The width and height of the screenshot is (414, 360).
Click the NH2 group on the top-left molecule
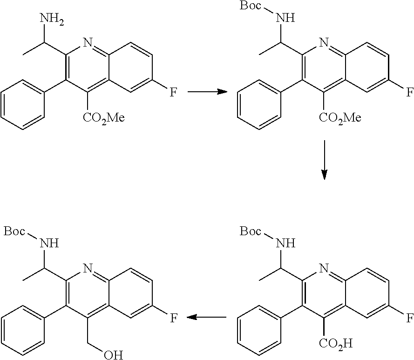pos(52,20)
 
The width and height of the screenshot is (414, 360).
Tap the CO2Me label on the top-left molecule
pos(103,118)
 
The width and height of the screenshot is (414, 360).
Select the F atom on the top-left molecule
pos(173,92)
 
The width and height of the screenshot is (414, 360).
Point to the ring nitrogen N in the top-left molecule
pos(88,42)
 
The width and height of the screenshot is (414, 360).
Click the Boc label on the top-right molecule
pos(250,5)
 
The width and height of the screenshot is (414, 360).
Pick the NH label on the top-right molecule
pos(285,18)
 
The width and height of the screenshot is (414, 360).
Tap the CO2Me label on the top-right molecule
pos(340,118)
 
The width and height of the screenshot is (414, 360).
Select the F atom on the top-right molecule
pos(409,92)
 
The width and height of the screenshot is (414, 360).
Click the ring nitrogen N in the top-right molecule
pos(324,42)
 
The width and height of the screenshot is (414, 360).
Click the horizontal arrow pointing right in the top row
pos(207,92)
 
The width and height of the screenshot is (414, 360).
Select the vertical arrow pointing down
pos(324,160)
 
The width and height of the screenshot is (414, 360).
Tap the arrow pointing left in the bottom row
pos(206,317)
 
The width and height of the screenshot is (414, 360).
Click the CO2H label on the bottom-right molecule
pos(336,344)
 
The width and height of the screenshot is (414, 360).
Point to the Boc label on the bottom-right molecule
pos(250,231)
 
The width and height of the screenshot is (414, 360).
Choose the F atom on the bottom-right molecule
pos(409,318)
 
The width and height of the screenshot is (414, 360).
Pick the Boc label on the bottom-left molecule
pos(14,231)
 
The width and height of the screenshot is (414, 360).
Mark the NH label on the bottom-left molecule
pos(49,244)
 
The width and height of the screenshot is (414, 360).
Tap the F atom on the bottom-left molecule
pos(173,318)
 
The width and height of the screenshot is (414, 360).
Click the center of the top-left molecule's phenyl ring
pos(22,105)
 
